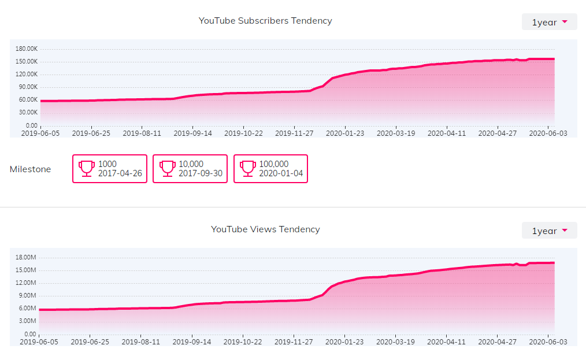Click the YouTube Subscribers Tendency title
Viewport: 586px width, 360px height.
tap(265, 21)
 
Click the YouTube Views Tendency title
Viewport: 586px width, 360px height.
tap(265, 229)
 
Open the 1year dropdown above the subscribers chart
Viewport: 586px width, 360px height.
tap(549, 22)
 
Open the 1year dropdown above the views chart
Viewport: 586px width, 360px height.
tap(549, 231)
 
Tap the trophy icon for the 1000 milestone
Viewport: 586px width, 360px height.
tap(87, 168)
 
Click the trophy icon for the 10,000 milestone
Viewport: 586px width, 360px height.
tap(167, 168)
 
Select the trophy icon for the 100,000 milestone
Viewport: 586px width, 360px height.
tap(248, 168)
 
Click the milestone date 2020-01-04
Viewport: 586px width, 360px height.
tap(281, 173)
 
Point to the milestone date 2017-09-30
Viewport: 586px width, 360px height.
tap(200, 173)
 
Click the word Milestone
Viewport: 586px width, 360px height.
tap(30, 169)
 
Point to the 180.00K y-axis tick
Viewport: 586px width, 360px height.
tap(27, 49)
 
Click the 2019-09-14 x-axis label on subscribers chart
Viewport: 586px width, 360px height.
tap(192, 133)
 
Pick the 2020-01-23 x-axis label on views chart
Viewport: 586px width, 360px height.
tap(345, 342)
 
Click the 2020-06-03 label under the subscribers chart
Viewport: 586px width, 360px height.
tap(548, 133)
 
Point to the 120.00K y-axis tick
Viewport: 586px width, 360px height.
tap(27, 74)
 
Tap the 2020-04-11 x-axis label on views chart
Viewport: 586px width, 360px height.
tap(447, 342)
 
